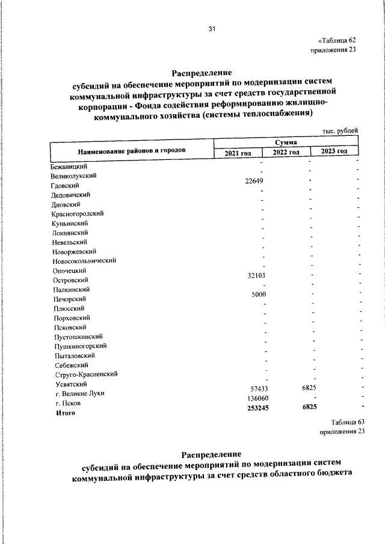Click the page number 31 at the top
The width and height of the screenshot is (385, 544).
pos(212,29)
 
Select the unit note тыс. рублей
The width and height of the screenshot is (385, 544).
pos(340,130)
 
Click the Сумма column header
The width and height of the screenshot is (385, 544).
pos(286,142)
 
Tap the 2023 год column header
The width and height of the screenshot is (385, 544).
pos(334,151)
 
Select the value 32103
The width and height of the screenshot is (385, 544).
pos(257,275)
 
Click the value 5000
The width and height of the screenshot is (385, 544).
pos(259,294)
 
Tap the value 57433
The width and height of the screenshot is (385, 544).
pos(259,390)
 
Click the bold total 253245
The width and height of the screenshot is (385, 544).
pos(257,408)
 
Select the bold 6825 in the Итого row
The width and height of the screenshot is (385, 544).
pos(310,407)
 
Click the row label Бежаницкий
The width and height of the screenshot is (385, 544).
pos(70,167)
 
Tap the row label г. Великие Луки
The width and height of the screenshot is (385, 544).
pos(79,393)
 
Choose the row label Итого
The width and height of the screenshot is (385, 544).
pos(65,413)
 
